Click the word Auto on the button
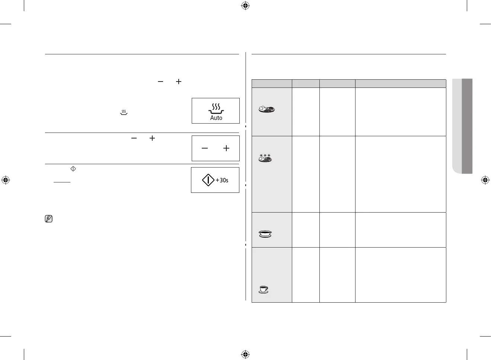pyautogui.click(x=216, y=118)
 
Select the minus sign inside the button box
pyautogui.click(x=205, y=148)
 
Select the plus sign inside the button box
pyautogui.click(x=226, y=148)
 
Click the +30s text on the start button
pyautogui.click(x=222, y=180)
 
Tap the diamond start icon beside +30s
pyautogui.click(x=208, y=180)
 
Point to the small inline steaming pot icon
pyautogui.click(x=124, y=112)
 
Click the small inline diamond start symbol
pyautogui.click(x=73, y=169)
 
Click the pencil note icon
pyautogui.click(x=48, y=219)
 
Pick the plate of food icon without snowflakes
pyautogui.click(x=267, y=109)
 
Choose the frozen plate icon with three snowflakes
pyautogui.click(x=265, y=158)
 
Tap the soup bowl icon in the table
pyautogui.click(x=265, y=234)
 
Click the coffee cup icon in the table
pyautogui.click(x=264, y=289)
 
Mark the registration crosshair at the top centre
pyautogui.click(x=245, y=6)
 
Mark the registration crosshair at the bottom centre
pyautogui.click(x=245, y=354)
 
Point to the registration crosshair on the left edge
pyautogui.click(x=6, y=180)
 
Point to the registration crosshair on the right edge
pyautogui.click(x=485, y=180)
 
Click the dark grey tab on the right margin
pyautogui.click(x=467, y=126)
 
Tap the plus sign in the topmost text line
pyautogui.click(x=179, y=81)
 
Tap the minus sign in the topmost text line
pyautogui.click(x=160, y=81)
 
